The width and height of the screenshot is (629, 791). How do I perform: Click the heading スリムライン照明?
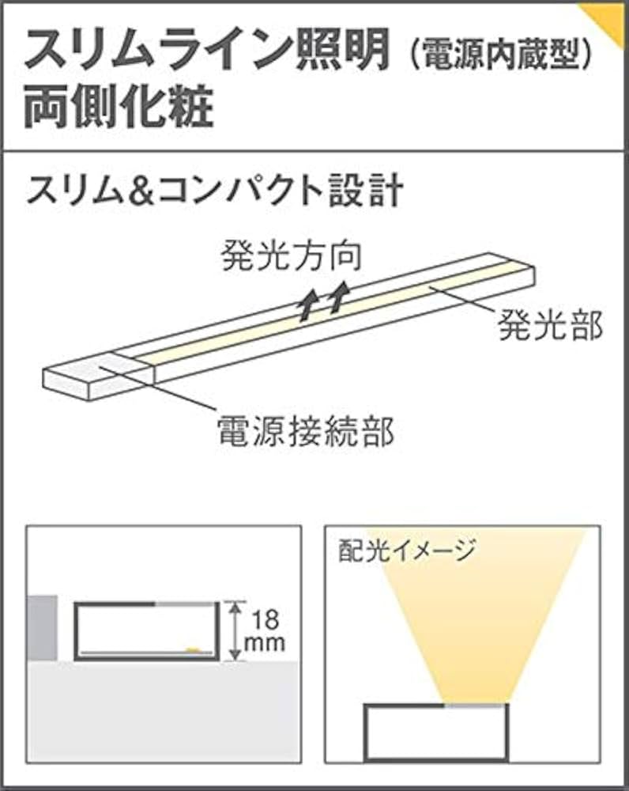tap(207, 51)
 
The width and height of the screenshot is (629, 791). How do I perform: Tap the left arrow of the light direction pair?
tap(307, 303)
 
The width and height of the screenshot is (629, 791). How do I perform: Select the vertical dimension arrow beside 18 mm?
tap(233, 630)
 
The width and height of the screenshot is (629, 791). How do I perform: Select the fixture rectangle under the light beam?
tap(434, 732)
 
